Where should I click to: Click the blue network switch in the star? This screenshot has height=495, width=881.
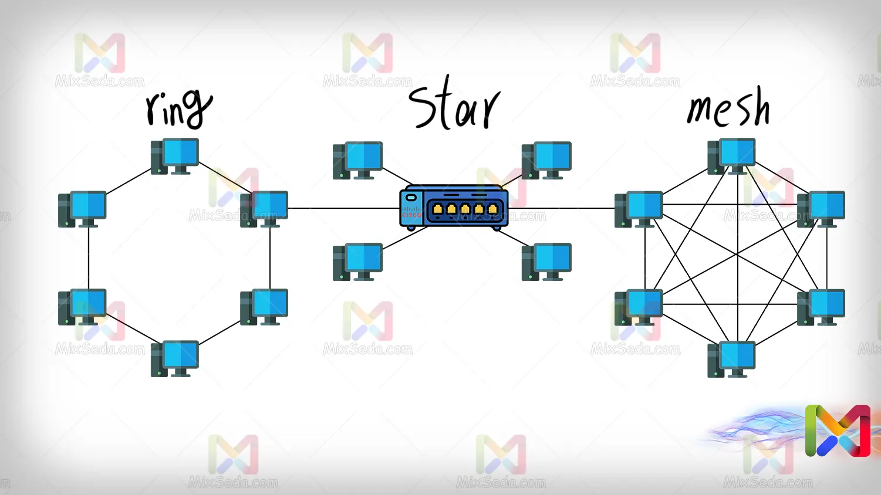(454, 207)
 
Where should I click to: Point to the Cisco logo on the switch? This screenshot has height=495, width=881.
(411, 212)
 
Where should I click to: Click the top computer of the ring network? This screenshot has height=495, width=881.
(175, 156)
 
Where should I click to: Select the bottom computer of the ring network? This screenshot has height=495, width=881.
(175, 358)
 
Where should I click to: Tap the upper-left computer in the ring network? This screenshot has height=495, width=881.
(82, 209)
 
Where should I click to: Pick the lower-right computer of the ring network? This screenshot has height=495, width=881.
(264, 307)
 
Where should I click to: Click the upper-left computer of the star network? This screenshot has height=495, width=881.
(357, 160)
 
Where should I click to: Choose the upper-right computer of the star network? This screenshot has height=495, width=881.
(546, 160)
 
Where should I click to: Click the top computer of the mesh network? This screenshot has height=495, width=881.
(731, 156)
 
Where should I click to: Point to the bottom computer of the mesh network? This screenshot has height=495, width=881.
(731, 358)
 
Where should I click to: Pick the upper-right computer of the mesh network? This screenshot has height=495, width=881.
(821, 209)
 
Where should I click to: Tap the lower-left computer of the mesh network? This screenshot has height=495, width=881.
(639, 307)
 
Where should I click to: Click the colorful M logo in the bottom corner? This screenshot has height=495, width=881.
(838, 430)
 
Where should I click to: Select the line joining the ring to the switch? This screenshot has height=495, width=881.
(343, 208)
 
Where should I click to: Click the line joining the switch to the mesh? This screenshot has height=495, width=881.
(561, 208)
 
